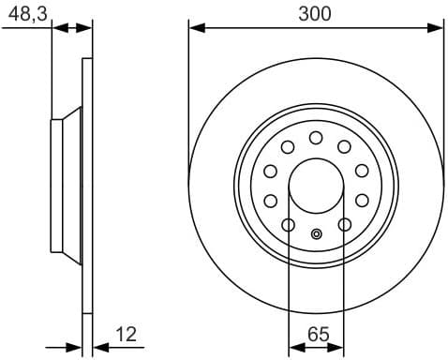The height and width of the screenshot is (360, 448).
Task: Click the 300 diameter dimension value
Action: pyautogui.click(x=316, y=13)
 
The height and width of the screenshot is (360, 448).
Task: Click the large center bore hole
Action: pyautogui.click(x=316, y=186)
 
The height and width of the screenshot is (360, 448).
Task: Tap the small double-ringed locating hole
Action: pyautogui.click(x=316, y=234)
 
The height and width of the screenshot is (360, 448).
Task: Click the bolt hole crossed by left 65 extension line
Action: pyautogui.click(x=288, y=225)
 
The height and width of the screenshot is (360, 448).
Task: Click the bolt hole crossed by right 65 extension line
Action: pyautogui.click(x=345, y=225)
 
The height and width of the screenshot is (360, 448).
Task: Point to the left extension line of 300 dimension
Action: pyautogui.click(x=189, y=94)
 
